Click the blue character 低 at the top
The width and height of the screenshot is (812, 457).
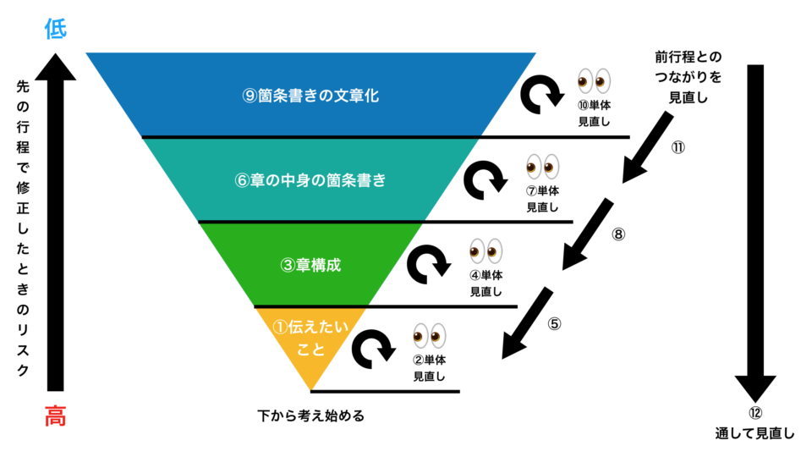[56, 29]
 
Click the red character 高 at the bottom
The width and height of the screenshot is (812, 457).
[56, 416]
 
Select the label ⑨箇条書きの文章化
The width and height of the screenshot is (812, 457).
[310, 96]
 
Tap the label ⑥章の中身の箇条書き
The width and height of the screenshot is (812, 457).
[310, 180]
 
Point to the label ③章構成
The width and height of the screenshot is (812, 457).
[310, 265]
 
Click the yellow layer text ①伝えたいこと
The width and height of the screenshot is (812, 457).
[310, 339]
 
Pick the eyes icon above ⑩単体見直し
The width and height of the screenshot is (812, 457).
[594, 81]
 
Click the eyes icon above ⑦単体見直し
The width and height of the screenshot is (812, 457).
[542, 167]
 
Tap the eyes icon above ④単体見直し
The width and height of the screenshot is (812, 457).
[486, 251]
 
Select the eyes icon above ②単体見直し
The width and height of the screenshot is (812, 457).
[429, 336]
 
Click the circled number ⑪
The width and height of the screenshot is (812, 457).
[678, 147]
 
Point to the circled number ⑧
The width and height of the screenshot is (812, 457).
[618, 234]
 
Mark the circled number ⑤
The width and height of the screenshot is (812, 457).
[554, 324]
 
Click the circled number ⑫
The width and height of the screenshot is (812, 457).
[755, 413]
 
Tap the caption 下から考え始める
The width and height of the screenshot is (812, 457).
[310, 416]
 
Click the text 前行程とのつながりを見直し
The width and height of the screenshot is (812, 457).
[689, 77]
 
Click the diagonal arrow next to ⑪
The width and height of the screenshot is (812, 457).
[647, 147]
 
